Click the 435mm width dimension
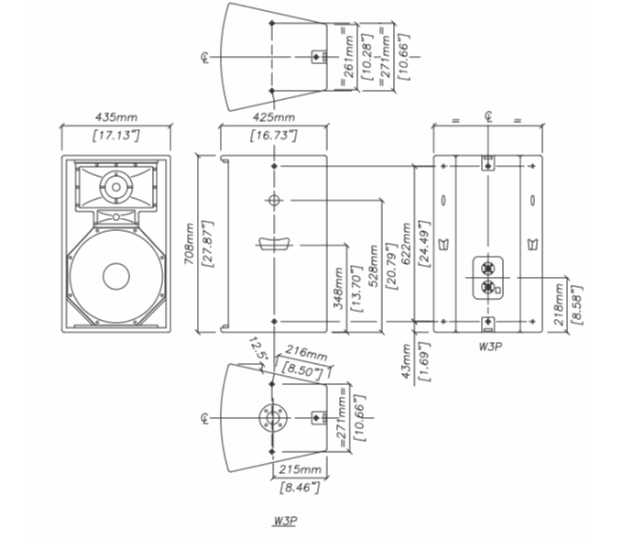tap(115, 117)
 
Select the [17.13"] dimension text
tap(115, 136)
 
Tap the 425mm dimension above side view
tap(273, 117)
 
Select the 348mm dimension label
tap(339, 289)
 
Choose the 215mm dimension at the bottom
tap(299, 469)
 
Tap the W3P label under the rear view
tap(487, 347)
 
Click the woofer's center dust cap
tap(116, 276)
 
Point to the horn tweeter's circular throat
tap(117, 186)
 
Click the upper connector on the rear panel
tap(488, 269)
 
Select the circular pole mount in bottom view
tap(273, 417)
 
